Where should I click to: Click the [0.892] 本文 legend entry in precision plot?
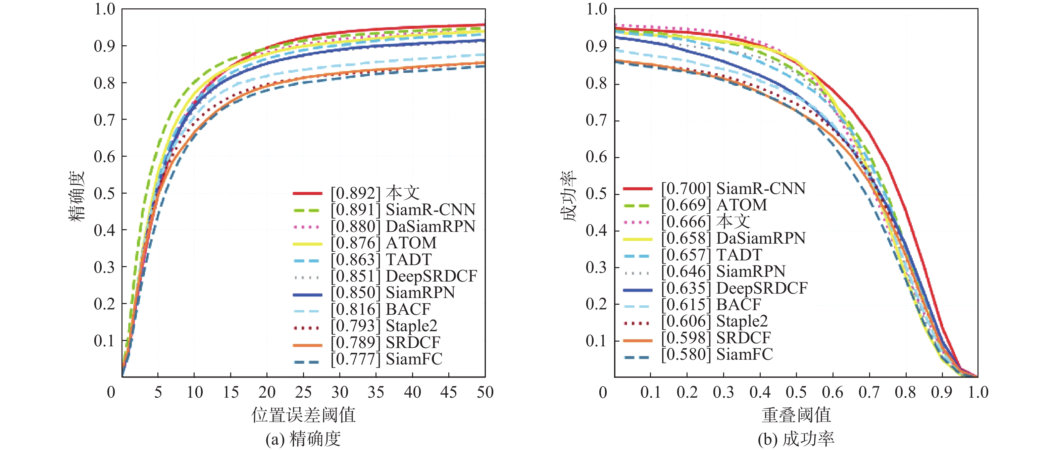point(375,193)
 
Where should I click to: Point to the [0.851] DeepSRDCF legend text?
point(404,276)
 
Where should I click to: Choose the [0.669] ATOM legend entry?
point(714,205)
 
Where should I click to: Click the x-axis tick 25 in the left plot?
point(303,392)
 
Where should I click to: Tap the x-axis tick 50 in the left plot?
point(485,392)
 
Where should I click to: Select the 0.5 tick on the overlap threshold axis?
point(796,392)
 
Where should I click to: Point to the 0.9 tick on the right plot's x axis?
point(942,392)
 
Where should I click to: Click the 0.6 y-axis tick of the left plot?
point(104,156)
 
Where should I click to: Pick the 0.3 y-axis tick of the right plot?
point(596,267)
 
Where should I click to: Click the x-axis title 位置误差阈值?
point(304,415)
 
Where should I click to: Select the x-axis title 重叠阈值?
point(796,415)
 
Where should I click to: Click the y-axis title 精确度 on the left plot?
point(77,196)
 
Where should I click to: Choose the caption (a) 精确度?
point(303,439)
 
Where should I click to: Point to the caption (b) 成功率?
point(796,439)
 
